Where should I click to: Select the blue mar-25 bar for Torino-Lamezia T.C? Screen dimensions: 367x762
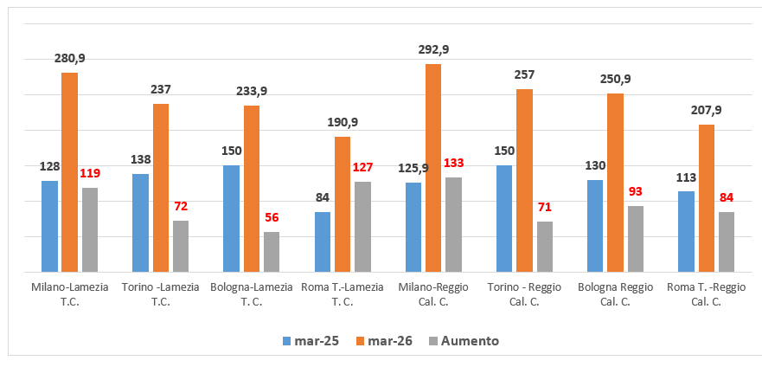pos(140,222)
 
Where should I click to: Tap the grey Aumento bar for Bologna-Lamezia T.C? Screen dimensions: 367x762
pos(272,251)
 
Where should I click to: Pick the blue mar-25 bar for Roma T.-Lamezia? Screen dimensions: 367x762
pos(322,241)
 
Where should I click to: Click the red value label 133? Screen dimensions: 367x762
pos(454,164)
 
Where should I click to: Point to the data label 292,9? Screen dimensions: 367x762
pos(433,49)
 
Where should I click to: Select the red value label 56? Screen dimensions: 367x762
pos(272,218)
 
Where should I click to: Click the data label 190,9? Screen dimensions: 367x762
pos(342,122)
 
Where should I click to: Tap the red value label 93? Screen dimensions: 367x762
pos(636,191)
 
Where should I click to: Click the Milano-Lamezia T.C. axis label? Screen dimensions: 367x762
pos(69,294)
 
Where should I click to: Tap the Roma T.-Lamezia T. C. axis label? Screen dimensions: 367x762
pos(342,294)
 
